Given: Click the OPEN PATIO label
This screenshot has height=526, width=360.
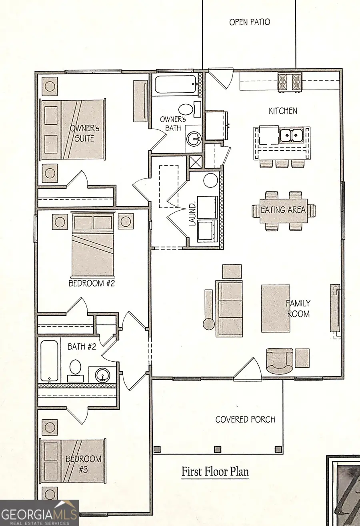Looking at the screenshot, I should click(249, 22).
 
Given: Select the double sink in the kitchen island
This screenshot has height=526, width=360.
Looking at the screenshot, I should click(291, 136).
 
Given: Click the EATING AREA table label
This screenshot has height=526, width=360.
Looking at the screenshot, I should click(283, 210).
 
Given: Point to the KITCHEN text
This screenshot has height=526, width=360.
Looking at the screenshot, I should click(283, 111).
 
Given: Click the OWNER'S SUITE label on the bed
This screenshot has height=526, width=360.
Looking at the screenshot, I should click(82, 133).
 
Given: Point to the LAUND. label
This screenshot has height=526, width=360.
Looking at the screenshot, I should click(192, 214).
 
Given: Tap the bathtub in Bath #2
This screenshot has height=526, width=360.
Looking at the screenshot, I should click(50, 361).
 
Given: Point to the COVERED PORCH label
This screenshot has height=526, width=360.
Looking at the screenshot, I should click(245, 420).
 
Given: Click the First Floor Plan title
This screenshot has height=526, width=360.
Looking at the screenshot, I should click(215, 472).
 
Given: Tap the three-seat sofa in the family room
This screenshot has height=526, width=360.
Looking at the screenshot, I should click(229, 308).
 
